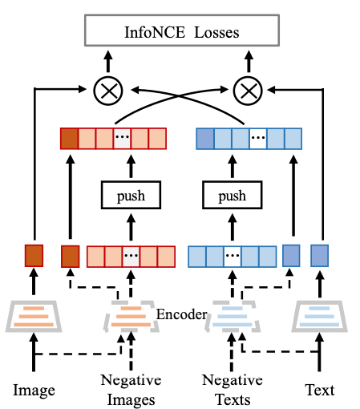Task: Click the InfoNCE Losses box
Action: tap(182, 30)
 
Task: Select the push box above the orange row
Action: tap(131, 195)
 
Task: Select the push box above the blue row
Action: tap(233, 195)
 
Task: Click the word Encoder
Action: tap(182, 314)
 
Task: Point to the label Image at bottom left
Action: tap(34, 391)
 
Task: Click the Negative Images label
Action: tap(131, 390)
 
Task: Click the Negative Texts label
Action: tap(233, 390)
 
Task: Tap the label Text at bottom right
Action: tap(320, 390)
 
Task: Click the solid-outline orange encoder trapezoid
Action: tap(34, 317)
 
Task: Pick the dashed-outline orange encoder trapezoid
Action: tap(131, 317)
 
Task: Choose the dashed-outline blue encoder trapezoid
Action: tap(233, 317)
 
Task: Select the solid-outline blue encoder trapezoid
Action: tap(320, 317)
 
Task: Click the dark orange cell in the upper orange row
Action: tap(69, 139)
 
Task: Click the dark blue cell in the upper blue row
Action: tap(205, 139)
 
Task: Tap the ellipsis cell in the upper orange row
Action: tap(122, 139)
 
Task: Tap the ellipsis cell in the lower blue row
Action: tap(233, 257)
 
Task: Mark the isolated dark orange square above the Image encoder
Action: tap(34, 256)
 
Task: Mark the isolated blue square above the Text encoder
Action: tap(320, 256)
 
